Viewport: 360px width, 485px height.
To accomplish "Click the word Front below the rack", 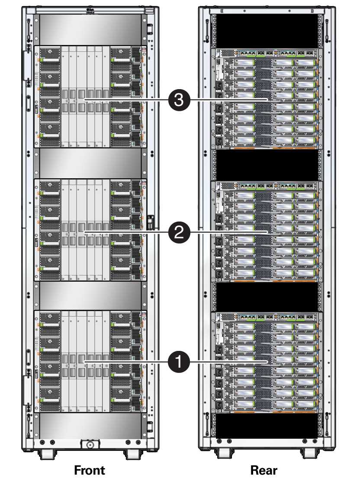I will (90, 470).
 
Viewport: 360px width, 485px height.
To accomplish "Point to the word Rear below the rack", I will (264, 470).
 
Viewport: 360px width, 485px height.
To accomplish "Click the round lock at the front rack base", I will (90, 444).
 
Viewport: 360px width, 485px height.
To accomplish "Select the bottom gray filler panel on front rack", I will (90, 426).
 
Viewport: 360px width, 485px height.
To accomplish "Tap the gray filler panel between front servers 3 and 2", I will (90, 163).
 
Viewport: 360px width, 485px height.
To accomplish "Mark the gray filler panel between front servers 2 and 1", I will (90, 296).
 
